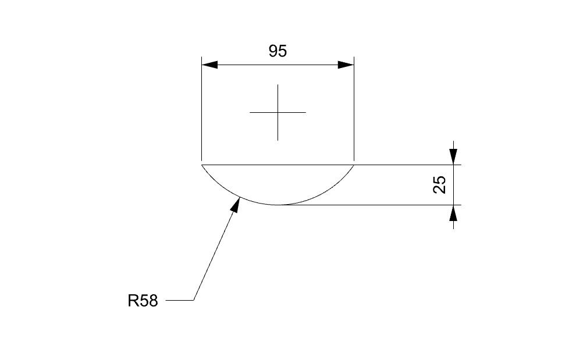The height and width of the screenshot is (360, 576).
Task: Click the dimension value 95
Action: [278, 51]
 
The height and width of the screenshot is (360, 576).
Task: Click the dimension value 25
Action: [440, 184]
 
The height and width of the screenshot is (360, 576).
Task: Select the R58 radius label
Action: [143, 301]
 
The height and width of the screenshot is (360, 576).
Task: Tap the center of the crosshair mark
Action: [278, 112]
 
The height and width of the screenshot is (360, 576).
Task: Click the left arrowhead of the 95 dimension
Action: [209, 65]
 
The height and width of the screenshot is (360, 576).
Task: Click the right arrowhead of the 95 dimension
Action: [346, 65]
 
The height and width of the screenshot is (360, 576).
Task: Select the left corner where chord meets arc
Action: [201, 165]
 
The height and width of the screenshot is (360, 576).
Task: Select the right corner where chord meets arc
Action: [354, 165]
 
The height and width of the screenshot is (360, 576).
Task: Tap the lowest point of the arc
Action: [278, 205]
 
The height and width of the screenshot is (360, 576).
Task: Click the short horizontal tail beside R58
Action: [179, 301]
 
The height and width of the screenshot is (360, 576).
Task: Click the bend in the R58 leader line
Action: [193, 301]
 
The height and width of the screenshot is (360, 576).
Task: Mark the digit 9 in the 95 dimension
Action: [273, 51]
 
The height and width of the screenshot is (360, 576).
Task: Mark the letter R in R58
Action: [133, 301]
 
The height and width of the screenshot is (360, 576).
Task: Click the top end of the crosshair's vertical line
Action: [278, 85]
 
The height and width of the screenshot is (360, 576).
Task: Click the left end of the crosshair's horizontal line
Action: [250, 112]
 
